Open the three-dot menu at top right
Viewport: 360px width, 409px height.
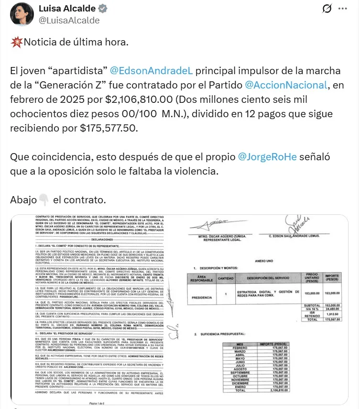343,9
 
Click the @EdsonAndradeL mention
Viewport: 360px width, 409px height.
151,71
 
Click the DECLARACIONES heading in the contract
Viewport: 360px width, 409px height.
95,239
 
